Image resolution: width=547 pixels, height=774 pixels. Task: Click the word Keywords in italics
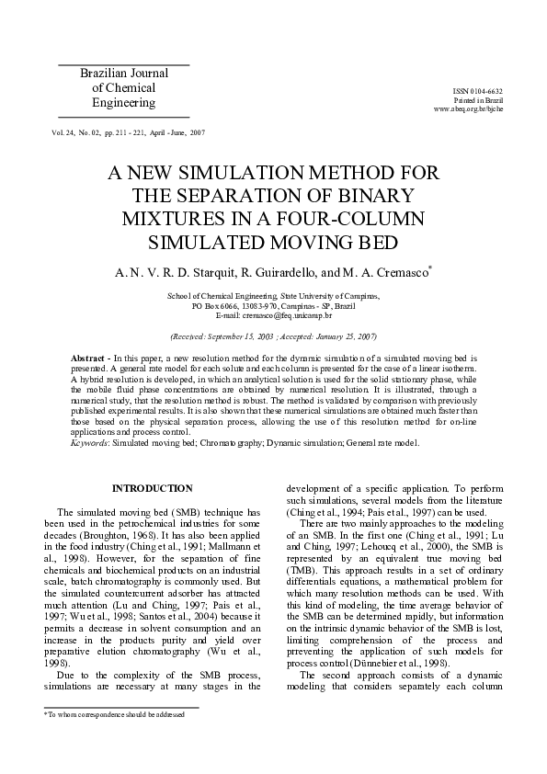tap(89, 443)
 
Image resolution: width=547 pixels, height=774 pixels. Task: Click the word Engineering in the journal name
tap(123, 103)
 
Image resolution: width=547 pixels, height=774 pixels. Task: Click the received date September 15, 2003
tap(234, 336)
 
